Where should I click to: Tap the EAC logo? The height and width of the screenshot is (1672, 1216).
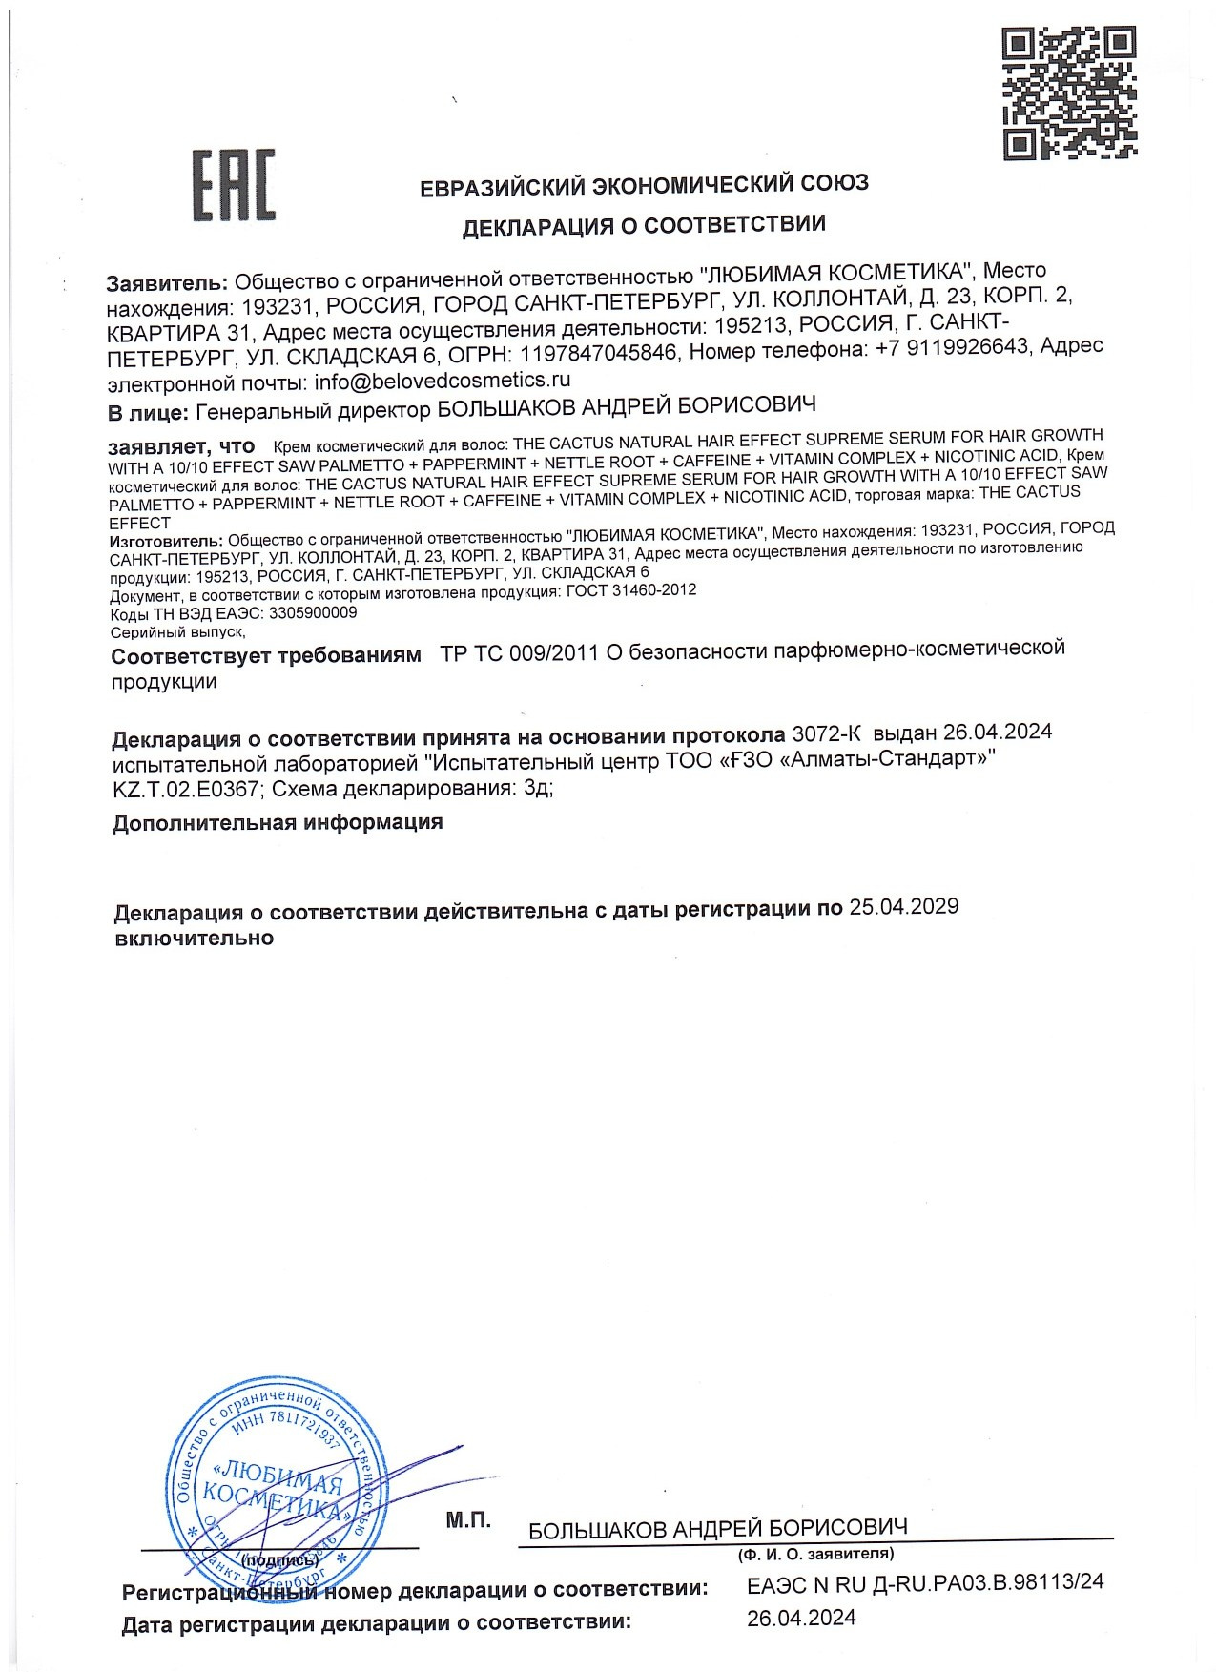click(235, 184)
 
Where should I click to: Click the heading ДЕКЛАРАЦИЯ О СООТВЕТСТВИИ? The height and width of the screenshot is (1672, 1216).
click(644, 226)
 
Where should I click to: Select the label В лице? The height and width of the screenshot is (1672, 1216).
click(147, 413)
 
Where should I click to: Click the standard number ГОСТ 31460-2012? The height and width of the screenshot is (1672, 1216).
click(630, 590)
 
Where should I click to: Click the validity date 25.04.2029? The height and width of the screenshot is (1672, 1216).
click(903, 907)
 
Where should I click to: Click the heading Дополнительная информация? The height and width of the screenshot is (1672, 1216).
click(278, 822)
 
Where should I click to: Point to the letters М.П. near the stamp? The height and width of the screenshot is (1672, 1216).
click(467, 1519)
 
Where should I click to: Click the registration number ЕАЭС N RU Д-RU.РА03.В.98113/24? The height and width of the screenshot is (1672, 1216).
click(925, 1581)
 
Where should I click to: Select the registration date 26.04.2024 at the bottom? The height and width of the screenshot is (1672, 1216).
click(801, 1617)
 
